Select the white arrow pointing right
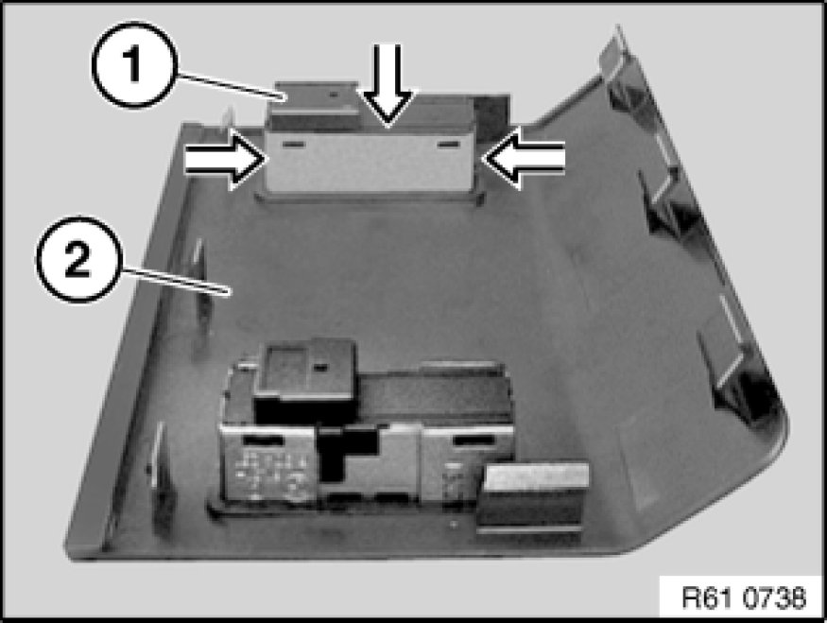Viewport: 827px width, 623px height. point(222,162)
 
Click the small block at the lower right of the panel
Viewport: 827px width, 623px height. point(534,493)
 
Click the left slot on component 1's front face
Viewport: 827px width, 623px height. point(294,145)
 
